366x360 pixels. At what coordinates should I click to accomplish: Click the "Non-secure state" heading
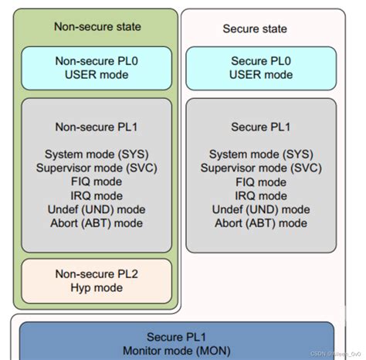tap(97, 26)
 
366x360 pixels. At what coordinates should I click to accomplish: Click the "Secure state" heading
tap(255, 29)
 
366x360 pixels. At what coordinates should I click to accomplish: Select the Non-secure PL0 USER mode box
tap(97, 68)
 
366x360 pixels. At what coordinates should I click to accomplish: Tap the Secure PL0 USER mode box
tap(262, 68)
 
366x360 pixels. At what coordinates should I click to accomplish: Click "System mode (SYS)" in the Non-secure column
tap(97, 155)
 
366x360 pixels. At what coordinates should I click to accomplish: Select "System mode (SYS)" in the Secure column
tap(262, 155)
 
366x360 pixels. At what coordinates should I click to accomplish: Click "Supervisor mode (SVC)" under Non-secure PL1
tap(97, 168)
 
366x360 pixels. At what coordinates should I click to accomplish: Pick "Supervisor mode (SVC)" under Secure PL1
tap(262, 168)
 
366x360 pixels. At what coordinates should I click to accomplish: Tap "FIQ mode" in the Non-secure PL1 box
tap(97, 182)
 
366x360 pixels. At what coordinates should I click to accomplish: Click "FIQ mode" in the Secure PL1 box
tap(262, 182)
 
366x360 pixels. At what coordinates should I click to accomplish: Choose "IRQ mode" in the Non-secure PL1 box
tap(97, 196)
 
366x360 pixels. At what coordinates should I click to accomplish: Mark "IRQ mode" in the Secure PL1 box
tap(262, 196)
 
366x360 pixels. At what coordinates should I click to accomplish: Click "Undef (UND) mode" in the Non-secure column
tap(97, 210)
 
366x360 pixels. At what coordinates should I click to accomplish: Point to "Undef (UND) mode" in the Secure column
tap(262, 210)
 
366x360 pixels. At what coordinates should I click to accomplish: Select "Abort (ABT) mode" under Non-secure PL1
tap(97, 224)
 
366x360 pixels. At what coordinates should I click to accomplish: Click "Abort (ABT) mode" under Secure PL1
tap(262, 224)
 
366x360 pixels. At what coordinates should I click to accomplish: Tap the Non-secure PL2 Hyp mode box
tap(97, 280)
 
